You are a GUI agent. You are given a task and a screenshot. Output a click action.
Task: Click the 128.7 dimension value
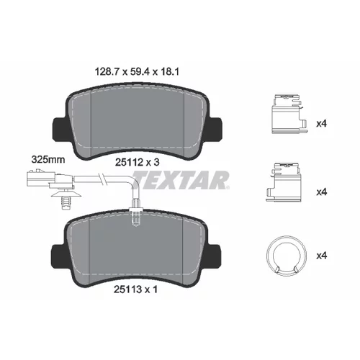click(107, 71)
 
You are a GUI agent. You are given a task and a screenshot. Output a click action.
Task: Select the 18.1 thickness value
click(170, 71)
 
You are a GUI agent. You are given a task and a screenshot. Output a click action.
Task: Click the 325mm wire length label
click(48, 160)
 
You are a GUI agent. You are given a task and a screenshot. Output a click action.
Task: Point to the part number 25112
click(129, 163)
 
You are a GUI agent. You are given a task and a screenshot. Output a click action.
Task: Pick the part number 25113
click(128, 289)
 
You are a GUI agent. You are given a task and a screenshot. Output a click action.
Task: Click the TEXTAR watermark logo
click(180, 180)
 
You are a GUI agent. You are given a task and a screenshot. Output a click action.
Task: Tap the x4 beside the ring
click(322, 256)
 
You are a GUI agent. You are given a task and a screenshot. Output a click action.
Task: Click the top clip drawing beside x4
click(288, 114)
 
